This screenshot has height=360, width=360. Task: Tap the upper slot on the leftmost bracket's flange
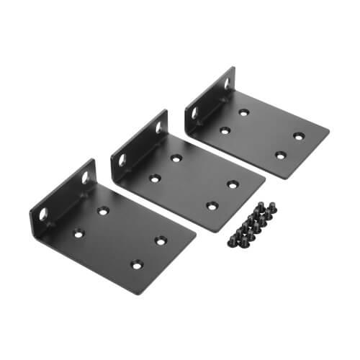click(86, 176)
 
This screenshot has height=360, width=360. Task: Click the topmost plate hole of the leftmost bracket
click(103, 210)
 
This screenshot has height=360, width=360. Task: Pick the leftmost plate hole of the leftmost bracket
click(77, 233)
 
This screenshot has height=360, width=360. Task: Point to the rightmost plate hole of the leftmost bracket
click(160, 240)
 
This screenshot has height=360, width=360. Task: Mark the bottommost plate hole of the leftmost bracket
click(136, 264)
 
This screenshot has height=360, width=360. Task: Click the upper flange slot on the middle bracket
click(159, 127)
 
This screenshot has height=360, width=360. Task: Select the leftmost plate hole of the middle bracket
click(154, 177)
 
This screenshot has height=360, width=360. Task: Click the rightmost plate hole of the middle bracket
click(233, 184)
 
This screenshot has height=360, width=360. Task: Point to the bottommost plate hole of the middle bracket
click(212, 206)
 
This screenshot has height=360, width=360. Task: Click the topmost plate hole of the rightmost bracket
click(243, 112)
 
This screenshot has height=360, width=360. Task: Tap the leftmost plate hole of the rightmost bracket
click(224, 130)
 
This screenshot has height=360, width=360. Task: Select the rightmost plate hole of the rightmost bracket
click(297, 135)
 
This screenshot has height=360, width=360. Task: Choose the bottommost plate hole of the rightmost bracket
click(279, 154)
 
